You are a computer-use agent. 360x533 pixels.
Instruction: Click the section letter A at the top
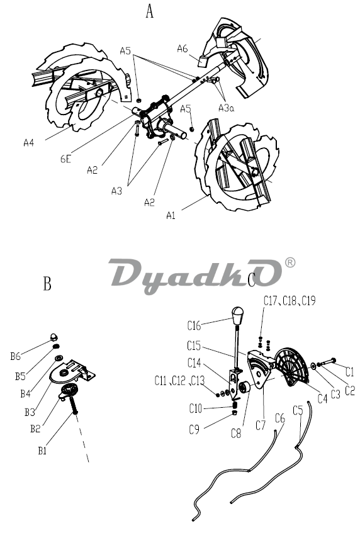pos(150,11)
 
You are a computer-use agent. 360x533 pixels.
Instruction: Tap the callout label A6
pos(183,48)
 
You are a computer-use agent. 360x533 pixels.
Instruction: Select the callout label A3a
pos(226,108)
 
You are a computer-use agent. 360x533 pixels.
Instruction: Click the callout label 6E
pos(65,159)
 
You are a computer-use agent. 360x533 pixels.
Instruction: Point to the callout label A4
pos(29,142)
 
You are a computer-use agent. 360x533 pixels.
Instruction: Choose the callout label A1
pos(171,215)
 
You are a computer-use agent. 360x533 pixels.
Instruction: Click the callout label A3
pos(116,191)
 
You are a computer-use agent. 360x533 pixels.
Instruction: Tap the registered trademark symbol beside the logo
pos(290,262)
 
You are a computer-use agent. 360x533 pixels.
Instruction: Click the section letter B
pos(47,284)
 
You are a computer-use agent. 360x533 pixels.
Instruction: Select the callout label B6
pos(15,356)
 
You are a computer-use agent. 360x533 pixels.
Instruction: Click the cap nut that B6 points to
pos(54,337)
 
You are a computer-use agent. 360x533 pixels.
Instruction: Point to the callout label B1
pos(42,451)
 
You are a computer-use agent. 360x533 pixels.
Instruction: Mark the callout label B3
pos(30,412)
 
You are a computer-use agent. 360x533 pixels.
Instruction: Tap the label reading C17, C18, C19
pos(290,301)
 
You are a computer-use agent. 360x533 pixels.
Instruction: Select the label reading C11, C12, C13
pos(180,381)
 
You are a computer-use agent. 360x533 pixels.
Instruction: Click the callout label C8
pos(236,434)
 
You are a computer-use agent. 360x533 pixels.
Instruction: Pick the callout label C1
pos(349,372)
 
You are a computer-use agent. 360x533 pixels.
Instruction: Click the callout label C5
pos(298,411)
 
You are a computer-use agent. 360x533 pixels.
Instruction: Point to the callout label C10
pos(196,408)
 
